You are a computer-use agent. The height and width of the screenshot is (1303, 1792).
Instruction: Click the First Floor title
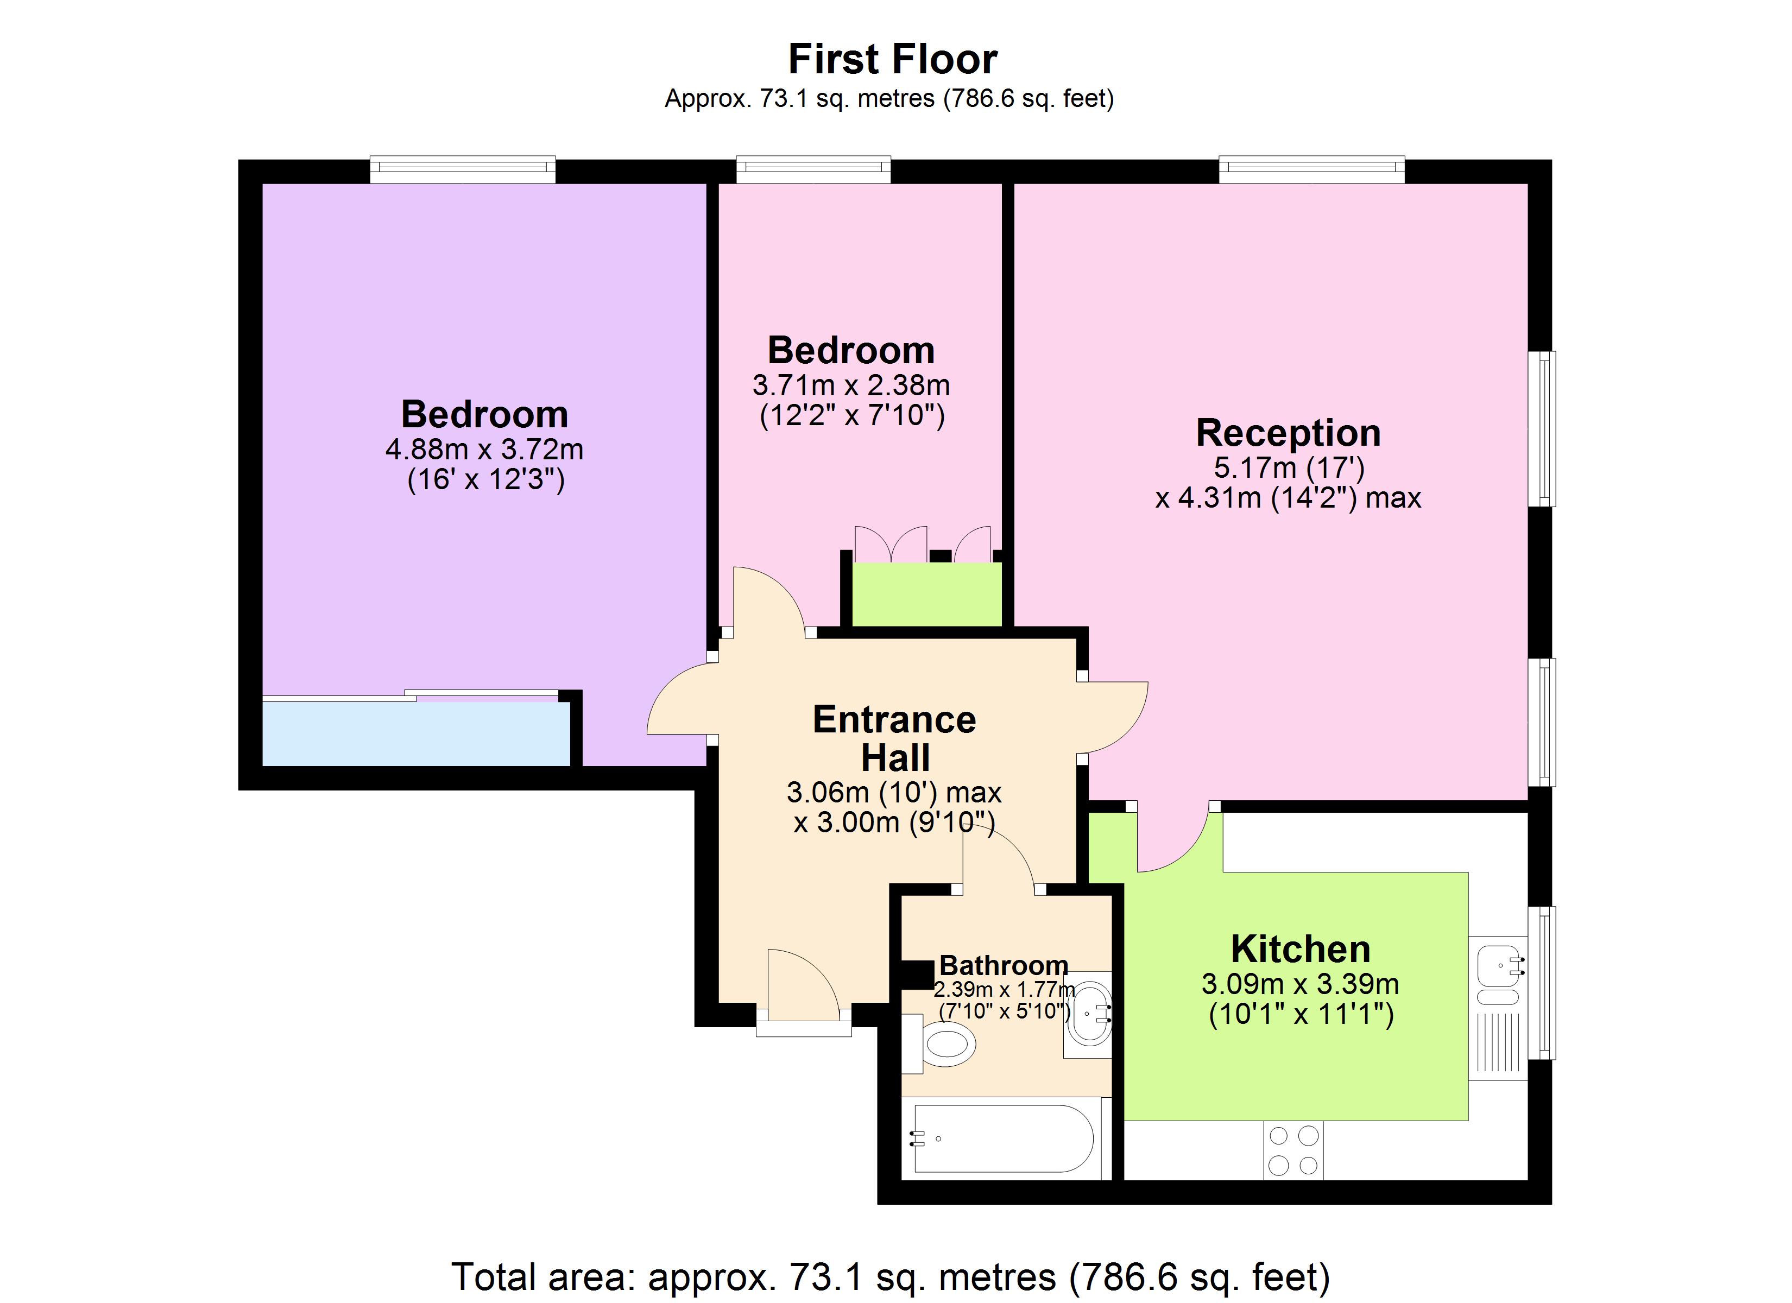(893, 59)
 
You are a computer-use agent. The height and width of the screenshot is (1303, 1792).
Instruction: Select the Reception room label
(1288, 433)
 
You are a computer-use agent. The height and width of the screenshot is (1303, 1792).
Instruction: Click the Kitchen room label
(1301, 949)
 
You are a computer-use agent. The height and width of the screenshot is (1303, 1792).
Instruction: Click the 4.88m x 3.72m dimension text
(484, 450)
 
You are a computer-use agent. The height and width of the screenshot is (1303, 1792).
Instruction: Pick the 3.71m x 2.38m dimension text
(851, 385)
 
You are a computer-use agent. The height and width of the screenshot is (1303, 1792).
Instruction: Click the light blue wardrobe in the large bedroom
(415, 733)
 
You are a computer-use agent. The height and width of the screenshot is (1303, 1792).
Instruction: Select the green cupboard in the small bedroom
(926, 594)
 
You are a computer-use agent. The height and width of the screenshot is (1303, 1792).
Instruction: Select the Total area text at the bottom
(891, 1277)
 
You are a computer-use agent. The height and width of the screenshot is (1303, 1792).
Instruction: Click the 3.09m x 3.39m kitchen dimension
(1301, 984)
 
